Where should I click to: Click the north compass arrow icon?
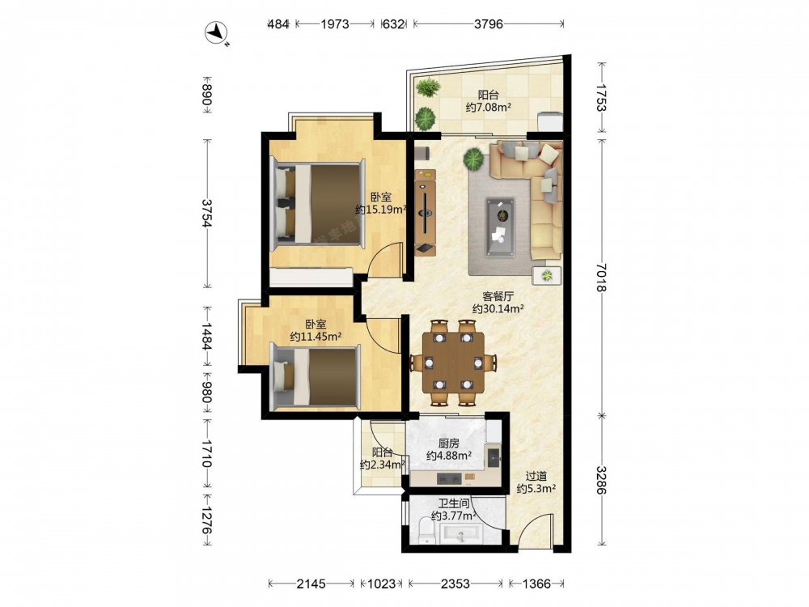click(x=217, y=33)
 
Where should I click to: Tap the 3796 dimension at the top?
click(x=488, y=23)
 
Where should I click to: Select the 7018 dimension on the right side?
click(x=602, y=278)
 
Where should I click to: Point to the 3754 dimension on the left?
click(x=207, y=213)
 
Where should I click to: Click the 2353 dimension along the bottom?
click(x=455, y=584)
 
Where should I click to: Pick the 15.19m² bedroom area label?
click(x=381, y=210)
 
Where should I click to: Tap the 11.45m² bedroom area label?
click(x=316, y=337)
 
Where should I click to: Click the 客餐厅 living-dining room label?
click(x=498, y=297)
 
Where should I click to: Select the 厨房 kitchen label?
click(x=448, y=444)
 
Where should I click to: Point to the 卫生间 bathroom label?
click(x=454, y=503)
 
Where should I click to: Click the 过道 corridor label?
click(x=536, y=477)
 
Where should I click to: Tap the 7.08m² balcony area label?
click(x=489, y=108)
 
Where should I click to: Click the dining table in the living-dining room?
click(x=454, y=363)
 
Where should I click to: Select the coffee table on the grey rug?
click(x=500, y=227)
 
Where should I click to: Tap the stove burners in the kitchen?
click(x=449, y=478)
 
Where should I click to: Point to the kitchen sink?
click(x=493, y=457)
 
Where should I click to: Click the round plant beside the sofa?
click(x=473, y=159)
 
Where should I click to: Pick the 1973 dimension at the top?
click(x=335, y=23)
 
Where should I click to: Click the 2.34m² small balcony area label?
click(x=383, y=465)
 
